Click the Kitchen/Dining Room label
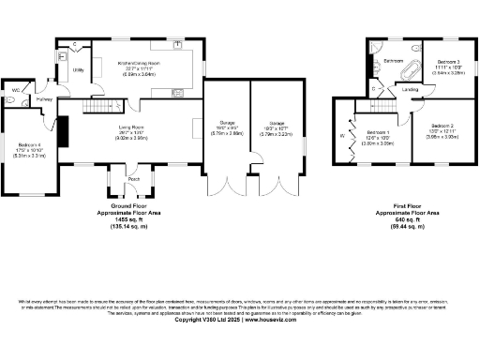(138, 63)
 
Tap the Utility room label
(79, 70)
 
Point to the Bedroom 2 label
(442, 126)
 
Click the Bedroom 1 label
(378, 132)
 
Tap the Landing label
(411, 90)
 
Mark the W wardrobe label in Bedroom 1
(342, 137)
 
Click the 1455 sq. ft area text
(133, 217)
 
